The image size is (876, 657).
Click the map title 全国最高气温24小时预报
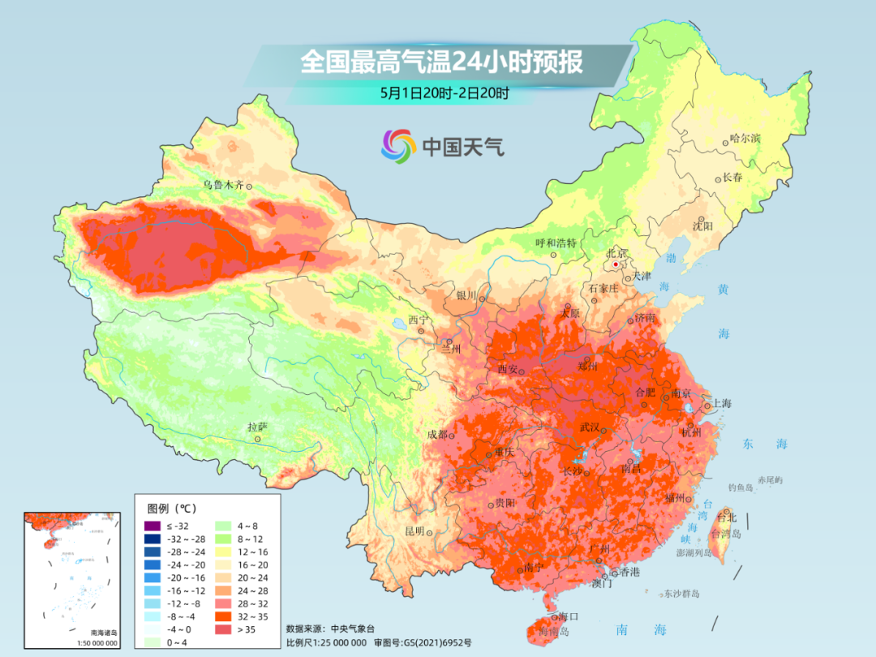(x=441, y=62)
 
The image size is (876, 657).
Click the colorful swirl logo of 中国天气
(x=398, y=146)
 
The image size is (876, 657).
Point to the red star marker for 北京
(x=616, y=264)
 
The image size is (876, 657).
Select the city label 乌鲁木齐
(x=223, y=185)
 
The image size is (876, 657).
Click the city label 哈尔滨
(x=745, y=139)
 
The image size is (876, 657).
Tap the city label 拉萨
(x=257, y=427)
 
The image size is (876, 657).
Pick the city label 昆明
(x=414, y=531)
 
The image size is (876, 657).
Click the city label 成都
(x=437, y=434)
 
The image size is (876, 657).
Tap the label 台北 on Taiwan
(x=726, y=517)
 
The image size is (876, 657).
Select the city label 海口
(x=569, y=617)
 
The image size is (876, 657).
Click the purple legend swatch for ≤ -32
(x=152, y=526)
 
